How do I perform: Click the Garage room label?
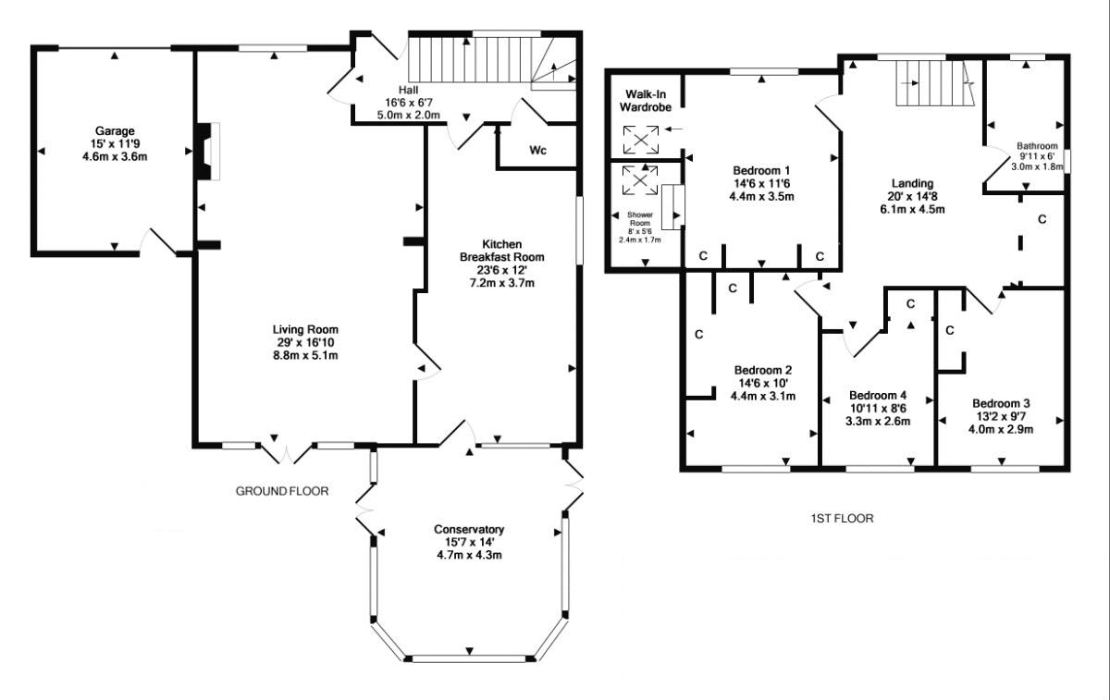tap(115, 130)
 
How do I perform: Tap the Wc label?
tap(537, 150)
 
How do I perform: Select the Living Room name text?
tap(305, 329)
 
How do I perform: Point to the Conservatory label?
tap(469, 529)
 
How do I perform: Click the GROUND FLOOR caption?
tap(282, 491)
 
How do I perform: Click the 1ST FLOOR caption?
tap(842, 518)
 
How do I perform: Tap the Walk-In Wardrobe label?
tap(646, 101)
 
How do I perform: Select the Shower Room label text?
tap(640, 218)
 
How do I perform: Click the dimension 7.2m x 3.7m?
tap(501, 283)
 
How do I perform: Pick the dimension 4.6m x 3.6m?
tap(115, 157)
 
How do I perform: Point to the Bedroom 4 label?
tap(878, 396)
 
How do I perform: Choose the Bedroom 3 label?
tap(1001, 403)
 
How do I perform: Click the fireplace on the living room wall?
tap(208, 151)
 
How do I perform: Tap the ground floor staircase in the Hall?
tap(492, 60)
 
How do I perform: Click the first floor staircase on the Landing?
tap(935, 82)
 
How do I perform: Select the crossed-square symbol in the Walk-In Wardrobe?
tap(641, 140)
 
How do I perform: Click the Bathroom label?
tap(1037, 146)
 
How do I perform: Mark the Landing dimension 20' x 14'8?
tap(912, 196)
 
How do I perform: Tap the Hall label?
tap(408, 90)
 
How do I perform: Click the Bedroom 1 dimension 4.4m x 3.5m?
tap(761, 196)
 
